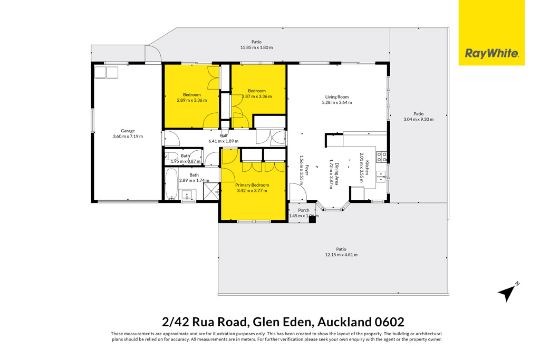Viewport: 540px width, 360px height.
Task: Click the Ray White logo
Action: pos(491,33)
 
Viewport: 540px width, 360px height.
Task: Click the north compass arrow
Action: pos(507,293)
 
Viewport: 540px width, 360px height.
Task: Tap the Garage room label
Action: pos(128,131)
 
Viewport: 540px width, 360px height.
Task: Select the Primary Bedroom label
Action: pos(252,185)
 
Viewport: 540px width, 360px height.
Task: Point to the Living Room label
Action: pos(337,97)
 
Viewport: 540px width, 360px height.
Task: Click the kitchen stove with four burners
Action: pos(382,157)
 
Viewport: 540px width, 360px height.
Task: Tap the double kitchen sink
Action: pos(381,177)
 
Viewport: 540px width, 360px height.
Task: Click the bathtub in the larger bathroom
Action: pos(171,183)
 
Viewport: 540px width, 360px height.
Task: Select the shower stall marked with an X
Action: pos(211,191)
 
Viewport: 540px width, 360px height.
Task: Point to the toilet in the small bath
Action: pos(171,157)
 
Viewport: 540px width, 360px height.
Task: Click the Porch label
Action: pos(304,210)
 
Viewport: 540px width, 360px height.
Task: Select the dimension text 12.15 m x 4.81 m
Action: pos(341,255)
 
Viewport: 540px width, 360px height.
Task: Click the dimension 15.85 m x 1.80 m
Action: pos(257,47)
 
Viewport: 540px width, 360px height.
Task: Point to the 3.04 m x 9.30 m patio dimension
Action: pos(418,120)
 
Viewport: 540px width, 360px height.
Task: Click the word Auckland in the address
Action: pos(344,322)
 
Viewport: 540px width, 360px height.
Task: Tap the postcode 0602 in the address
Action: pos(389,322)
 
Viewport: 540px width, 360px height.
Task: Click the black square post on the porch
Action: pos(312,219)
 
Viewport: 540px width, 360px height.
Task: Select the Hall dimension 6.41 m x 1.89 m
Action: pos(224,141)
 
